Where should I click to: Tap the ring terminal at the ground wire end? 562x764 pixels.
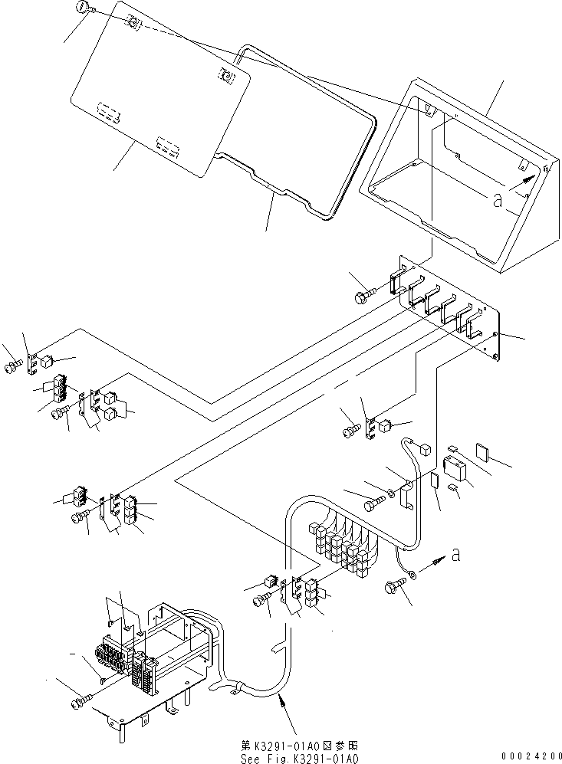point(412,573)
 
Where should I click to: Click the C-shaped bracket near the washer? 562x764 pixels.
point(408,494)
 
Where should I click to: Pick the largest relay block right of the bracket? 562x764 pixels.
point(455,467)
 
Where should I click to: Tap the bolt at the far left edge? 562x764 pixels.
point(12,369)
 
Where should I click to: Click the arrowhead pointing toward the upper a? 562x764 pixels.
point(527,178)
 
